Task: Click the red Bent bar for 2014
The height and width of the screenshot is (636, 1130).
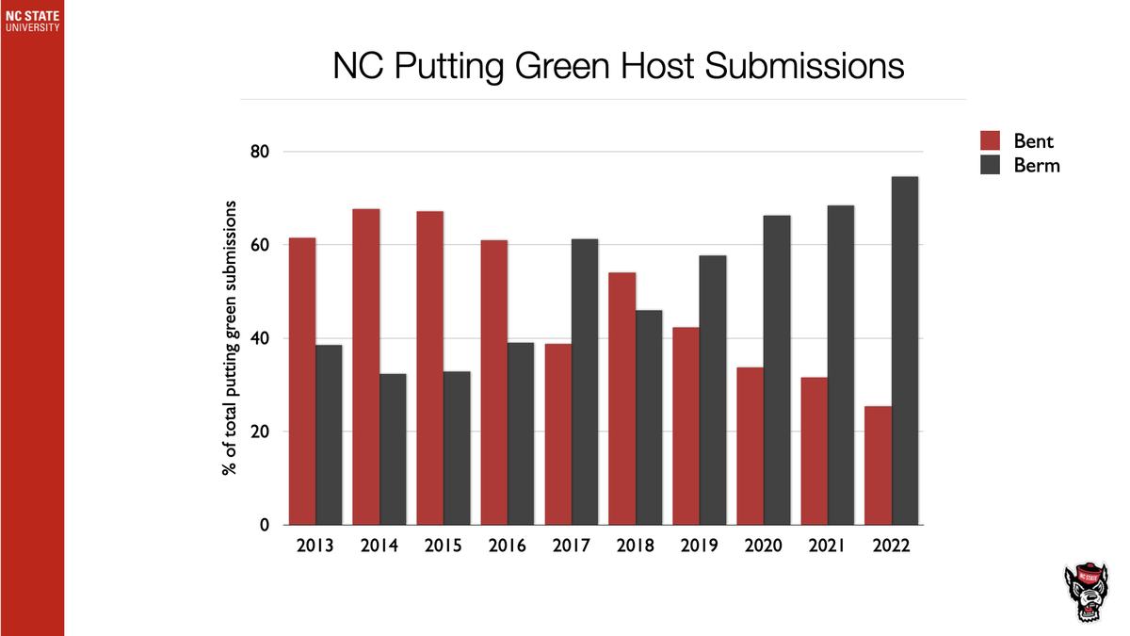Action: (x=366, y=367)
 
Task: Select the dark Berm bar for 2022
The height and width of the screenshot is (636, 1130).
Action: (x=905, y=351)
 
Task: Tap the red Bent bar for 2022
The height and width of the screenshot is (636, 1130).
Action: (x=878, y=465)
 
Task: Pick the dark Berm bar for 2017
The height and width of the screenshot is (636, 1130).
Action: (x=585, y=382)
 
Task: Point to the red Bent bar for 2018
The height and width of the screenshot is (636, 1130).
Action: (x=622, y=399)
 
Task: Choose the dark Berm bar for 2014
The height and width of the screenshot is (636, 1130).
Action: (x=393, y=449)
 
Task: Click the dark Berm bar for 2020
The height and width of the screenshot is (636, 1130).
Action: (x=777, y=370)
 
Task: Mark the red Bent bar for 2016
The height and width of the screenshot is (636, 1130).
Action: (x=494, y=383)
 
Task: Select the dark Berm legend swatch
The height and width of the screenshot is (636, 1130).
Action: (x=991, y=165)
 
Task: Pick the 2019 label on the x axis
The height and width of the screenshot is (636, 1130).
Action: (x=699, y=546)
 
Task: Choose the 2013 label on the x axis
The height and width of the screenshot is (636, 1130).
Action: (x=315, y=546)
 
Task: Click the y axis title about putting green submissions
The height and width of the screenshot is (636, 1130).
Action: (x=229, y=338)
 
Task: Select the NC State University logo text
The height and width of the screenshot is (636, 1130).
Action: (x=32, y=22)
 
